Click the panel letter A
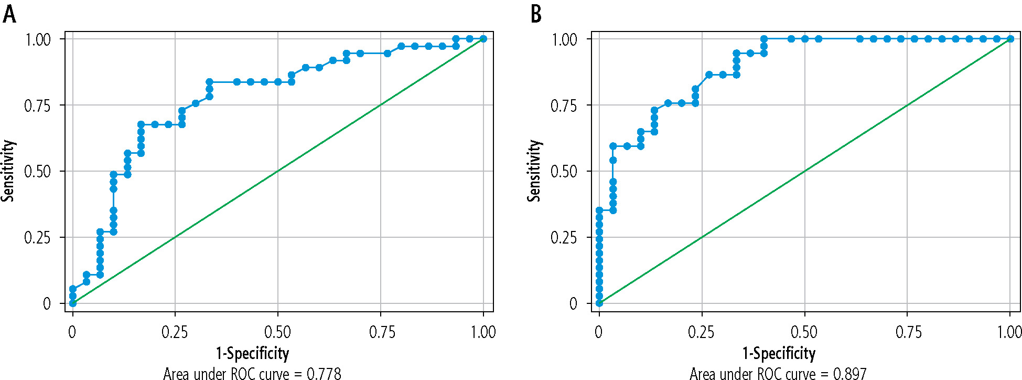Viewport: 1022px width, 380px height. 9,14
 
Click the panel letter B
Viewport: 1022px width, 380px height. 535,14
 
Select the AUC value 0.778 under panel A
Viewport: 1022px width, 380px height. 324,374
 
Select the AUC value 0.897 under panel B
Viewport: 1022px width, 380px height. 849,374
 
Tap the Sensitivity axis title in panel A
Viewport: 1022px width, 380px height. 8,171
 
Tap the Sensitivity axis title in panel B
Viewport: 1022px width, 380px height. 534,171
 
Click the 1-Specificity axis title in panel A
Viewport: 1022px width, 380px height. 252,353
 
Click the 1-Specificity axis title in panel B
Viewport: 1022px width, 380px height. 779,353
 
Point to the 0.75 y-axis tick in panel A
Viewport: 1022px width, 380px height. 37,105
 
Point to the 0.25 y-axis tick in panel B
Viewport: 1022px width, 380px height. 564,238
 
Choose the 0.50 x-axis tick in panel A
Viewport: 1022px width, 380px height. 277,332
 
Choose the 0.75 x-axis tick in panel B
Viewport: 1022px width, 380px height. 908,332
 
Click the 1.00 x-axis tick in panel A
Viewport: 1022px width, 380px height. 483,332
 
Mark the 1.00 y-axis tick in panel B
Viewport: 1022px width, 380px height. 564,39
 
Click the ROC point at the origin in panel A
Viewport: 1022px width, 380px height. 73,303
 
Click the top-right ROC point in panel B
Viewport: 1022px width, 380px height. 1010,39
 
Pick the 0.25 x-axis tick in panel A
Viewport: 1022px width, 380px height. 175,332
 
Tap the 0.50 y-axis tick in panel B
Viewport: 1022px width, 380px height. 564,172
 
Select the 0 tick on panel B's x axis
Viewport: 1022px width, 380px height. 599,332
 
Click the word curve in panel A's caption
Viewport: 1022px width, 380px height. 274,374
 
